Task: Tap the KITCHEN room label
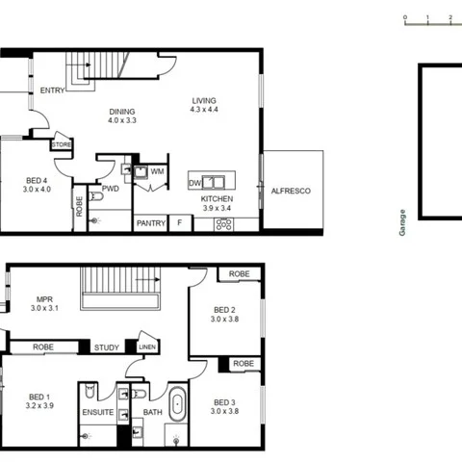tap(217, 200)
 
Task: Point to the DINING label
tap(122, 111)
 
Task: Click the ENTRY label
tap(53, 91)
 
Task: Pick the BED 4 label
tap(38, 180)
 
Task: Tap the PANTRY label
tap(150, 223)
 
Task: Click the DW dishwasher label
tap(194, 182)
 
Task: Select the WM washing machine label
tap(157, 171)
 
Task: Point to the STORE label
tap(62, 144)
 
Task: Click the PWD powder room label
tap(111, 189)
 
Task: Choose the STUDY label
tap(106, 347)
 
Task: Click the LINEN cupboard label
tap(146, 346)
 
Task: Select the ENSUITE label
tap(97, 413)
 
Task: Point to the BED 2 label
tap(225, 310)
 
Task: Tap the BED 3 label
tap(225, 402)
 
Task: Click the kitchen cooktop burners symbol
tap(224, 224)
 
